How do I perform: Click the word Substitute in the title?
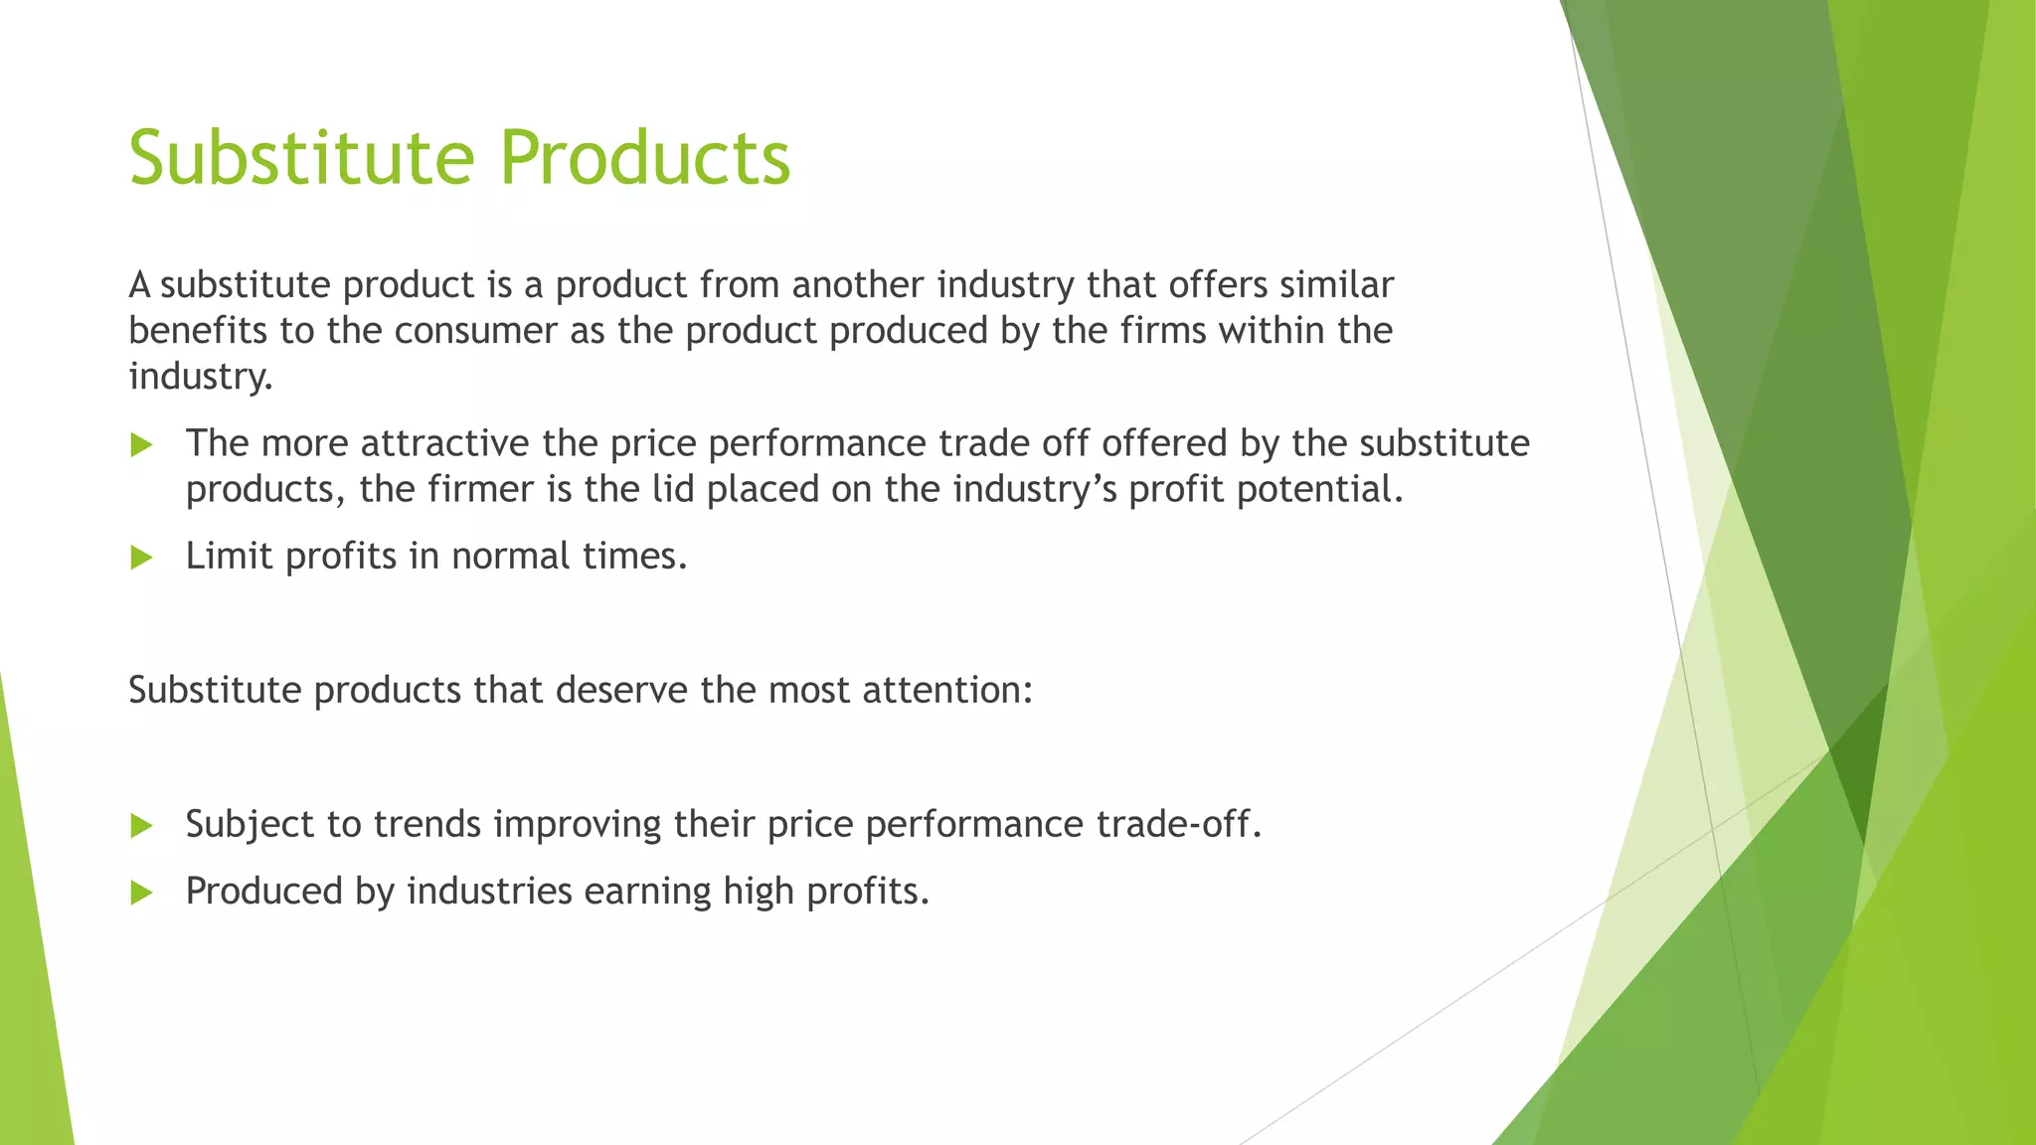(x=302, y=157)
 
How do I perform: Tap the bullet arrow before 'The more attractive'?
(x=141, y=445)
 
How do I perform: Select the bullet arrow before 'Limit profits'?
(x=141, y=558)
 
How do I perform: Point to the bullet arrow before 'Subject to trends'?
(x=141, y=826)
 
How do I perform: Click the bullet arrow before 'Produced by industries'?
(x=141, y=893)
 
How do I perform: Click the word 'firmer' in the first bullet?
(x=480, y=489)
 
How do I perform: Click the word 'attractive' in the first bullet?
(x=444, y=443)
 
